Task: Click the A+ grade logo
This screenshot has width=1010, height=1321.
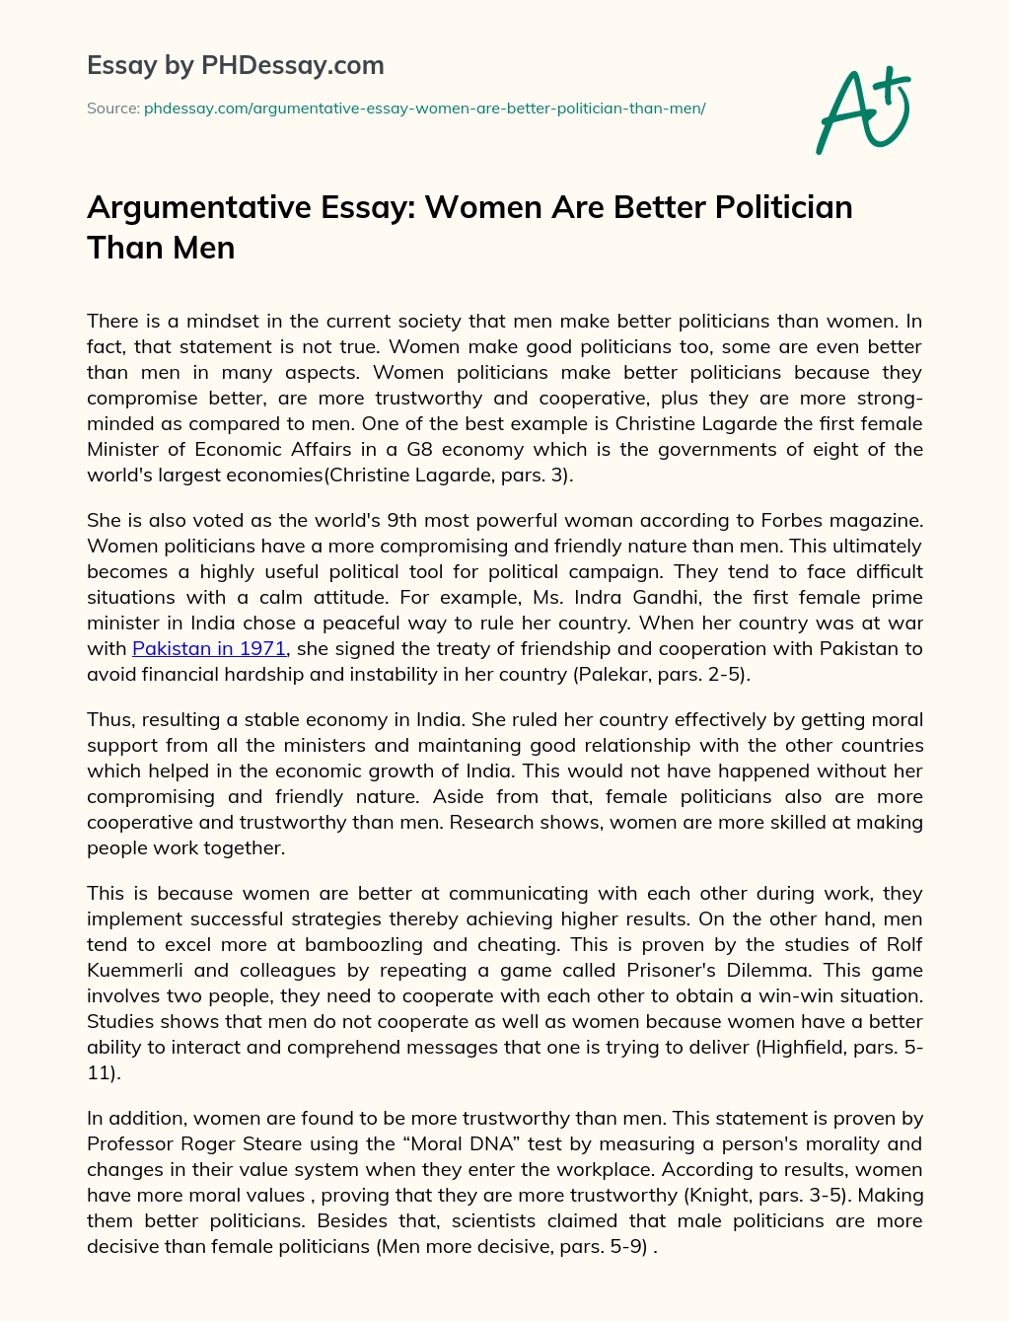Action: (x=862, y=110)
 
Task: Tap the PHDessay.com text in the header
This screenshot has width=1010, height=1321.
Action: (x=292, y=65)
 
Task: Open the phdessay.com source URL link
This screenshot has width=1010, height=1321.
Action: (x=424, y=109)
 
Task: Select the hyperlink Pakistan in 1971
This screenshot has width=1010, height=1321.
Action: (x=209, y=648)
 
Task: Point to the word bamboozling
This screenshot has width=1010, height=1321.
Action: (x=370, y=944)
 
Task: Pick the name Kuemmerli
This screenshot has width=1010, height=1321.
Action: (x=137, y=970)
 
